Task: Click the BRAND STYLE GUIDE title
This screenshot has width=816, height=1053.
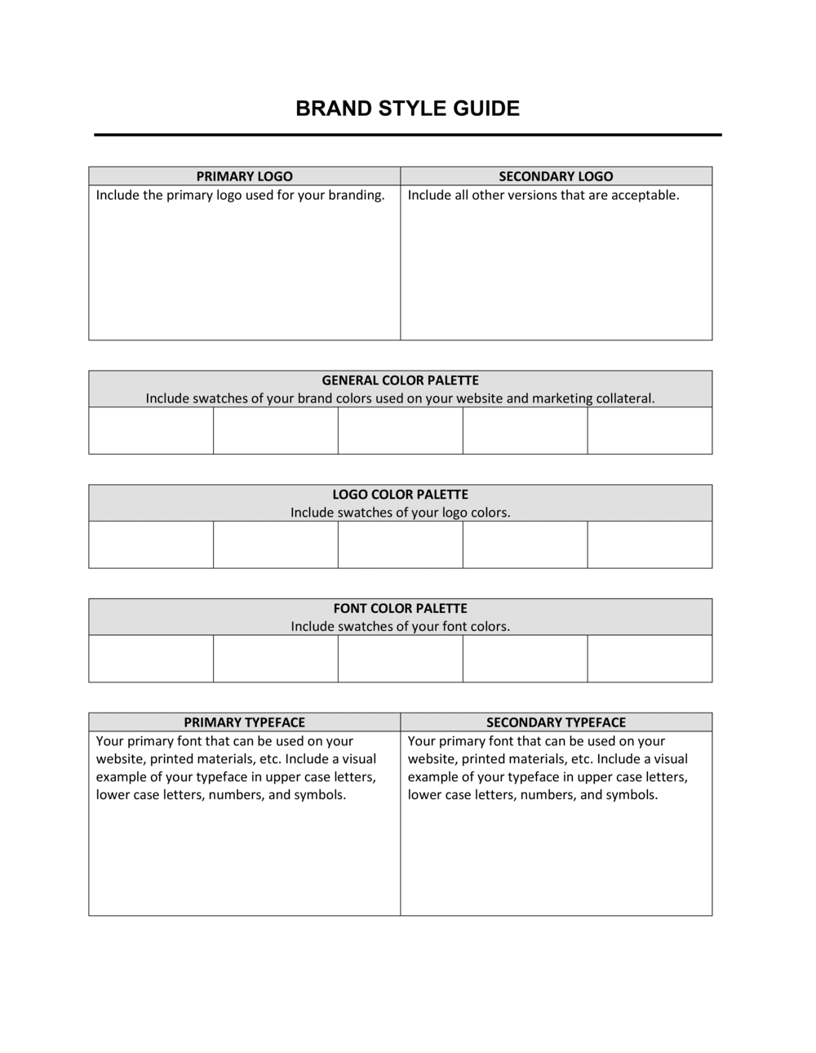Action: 407,109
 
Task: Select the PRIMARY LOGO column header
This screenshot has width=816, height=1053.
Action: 244,176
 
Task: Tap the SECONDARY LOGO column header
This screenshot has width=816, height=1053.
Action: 556,176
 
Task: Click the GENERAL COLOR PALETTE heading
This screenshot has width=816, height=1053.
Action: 400,380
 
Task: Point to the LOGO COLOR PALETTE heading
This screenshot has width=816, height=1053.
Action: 400,495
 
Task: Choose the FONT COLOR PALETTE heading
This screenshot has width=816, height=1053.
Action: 400,608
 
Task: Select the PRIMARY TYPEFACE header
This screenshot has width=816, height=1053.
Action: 244,722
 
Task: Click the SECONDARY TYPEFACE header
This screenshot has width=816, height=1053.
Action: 556,722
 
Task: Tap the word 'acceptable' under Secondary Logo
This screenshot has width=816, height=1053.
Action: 645,195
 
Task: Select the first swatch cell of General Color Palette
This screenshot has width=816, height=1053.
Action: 151,430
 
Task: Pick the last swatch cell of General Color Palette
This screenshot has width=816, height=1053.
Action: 650,430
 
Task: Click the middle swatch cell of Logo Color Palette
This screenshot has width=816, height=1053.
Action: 400,544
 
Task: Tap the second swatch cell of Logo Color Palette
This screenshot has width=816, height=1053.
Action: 276,544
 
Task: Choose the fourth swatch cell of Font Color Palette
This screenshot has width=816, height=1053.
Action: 525,658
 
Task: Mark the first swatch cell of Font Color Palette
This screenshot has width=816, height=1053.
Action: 151,658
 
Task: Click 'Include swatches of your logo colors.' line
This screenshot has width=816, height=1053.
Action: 400,513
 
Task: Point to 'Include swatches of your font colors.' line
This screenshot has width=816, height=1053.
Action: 400,627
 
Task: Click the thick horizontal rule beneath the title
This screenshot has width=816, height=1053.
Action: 407,135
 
